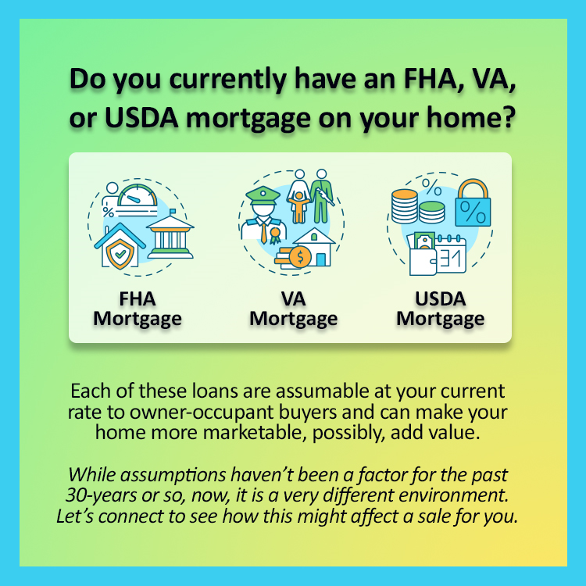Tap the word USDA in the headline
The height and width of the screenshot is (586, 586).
click(141, 118)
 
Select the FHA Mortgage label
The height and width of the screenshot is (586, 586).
click(138, 309)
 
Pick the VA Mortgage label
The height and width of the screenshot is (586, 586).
click(293, 309)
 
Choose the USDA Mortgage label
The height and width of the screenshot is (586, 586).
click(440, 309)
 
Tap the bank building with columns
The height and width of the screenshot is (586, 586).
click(170, 234)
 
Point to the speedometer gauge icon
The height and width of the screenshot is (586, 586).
click(138, 195)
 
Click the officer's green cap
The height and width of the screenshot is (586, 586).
click(263, 195)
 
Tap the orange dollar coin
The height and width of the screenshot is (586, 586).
click(300, 257)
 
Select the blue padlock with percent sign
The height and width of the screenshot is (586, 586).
click(473, 203)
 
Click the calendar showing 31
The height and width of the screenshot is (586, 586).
click(451, 254)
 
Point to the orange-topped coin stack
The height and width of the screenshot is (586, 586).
click(405, 206)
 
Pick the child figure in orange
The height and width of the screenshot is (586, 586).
click(298, 207)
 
